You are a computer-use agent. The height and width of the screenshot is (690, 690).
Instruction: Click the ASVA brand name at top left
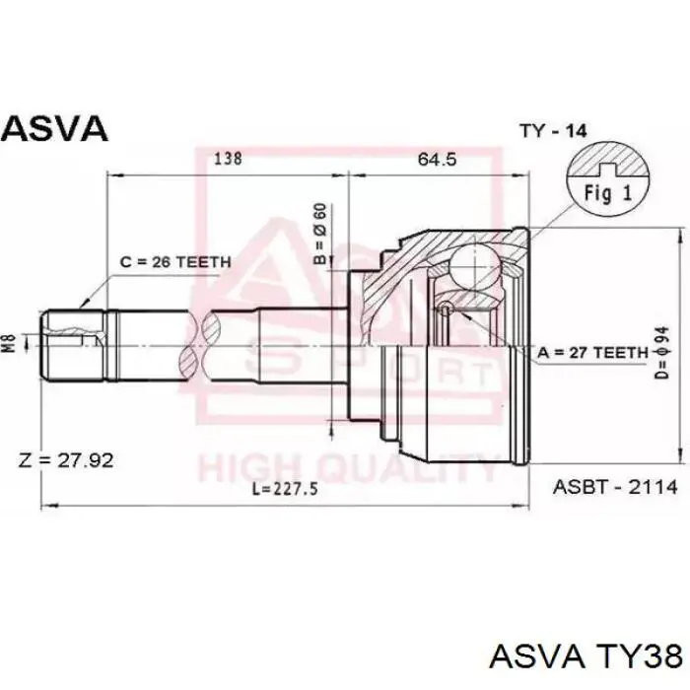coord(54,128)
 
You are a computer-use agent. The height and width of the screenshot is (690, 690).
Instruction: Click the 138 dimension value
coord(228,158)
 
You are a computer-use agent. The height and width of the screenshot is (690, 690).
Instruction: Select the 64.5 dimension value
coord(437,159)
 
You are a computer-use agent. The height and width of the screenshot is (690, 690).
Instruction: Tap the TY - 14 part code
coord(553,131)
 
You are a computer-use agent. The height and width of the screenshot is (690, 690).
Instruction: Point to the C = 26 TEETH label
coord(175,262)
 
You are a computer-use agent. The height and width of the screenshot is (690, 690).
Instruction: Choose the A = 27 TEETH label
coord(593,353)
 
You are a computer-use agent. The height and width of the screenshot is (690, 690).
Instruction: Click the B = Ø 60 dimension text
coord(320,234)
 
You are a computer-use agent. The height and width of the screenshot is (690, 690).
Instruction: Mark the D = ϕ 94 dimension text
coord(662,352)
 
